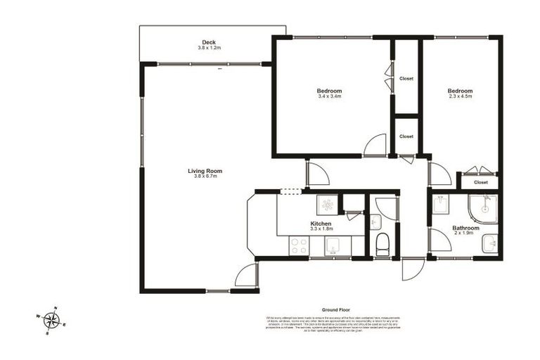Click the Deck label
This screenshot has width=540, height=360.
pos(208,42)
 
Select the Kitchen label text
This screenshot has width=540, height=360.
pos(321,224)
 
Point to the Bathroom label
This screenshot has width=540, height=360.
pos(465,228)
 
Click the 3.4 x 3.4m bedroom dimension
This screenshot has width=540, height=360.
pos(329,96)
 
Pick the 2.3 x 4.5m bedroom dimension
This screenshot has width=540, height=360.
pos(461,96)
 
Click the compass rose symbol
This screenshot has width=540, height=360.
pos(51,321)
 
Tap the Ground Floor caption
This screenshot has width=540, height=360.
pos(336,309)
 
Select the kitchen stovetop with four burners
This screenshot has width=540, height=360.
pos(299,246)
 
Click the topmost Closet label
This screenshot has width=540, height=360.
pos(406,79)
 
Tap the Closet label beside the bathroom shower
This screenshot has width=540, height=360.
pos(481,182)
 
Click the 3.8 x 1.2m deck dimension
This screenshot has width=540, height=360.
pos(208,48)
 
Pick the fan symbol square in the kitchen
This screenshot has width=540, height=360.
pos(327,205)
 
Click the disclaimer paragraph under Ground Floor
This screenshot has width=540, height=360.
pos(336,323)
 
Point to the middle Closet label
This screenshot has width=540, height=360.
pos(406,136)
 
